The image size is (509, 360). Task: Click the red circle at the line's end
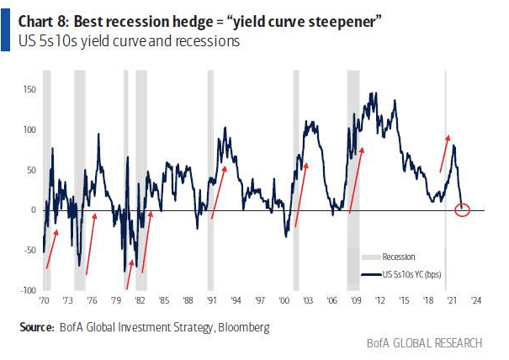point(462,209)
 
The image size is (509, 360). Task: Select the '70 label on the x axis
point(44,300)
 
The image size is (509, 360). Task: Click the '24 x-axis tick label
point(475,300)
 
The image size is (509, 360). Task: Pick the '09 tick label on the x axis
point(356,300)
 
